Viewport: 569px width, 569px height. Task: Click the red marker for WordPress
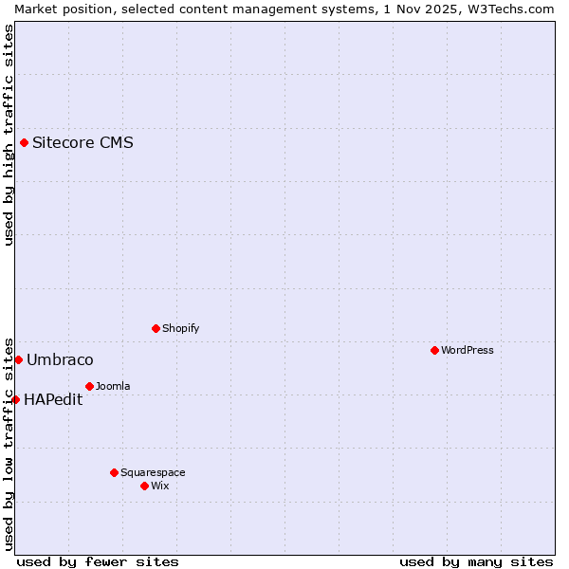pyautogui.click(x=434, y=350)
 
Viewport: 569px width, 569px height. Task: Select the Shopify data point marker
pyautogui.click(x=156, y=328)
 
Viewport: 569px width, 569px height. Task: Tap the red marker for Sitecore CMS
pyautogui.click(x=24, y=143)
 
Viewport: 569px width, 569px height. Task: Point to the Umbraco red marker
pyautogui.click(x=18, y=359)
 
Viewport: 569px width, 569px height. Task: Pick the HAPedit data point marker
pyautogui.click(x=15, y=399)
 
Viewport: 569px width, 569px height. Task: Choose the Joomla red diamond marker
pyautogui.click(x=89, y=386)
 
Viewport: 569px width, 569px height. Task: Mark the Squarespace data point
pyautogui.click(x=114, y=472)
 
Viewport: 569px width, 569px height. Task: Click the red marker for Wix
pyautogui.click(x=144, y=486)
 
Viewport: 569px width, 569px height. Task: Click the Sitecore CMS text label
pyautogui.click(x=83, y=143)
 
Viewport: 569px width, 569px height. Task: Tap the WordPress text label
pyautogui.click(x=468, y=350)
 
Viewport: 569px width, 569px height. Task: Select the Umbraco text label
pyautogui.click(x=60, y=359)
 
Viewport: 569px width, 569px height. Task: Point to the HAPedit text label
pyautogui.click(x=53, y=399)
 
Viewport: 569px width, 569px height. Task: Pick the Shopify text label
pyautogui.click(x=180, y=328)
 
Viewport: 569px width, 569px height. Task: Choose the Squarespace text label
pyautogui.click(x=153, y=472)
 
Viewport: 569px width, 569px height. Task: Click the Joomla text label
pyautogui.click(x=113, y=386)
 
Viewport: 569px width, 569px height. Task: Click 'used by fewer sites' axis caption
pyautogui.click(x=98, y=561)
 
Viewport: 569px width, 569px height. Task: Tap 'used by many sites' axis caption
pyautogui.click(x=476, y=561)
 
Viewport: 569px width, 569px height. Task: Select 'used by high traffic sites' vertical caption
pyautogui.click(x=9, y=135)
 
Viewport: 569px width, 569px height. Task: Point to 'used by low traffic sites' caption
pyautogui.click(x=9, y=443)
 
